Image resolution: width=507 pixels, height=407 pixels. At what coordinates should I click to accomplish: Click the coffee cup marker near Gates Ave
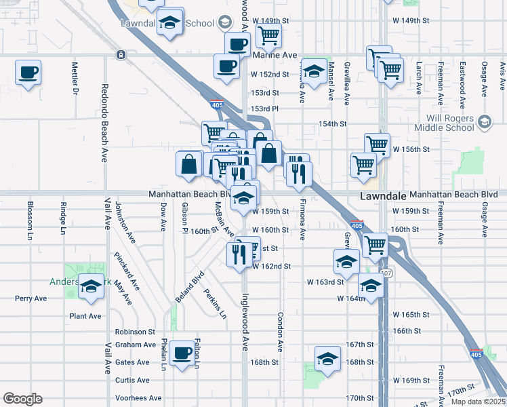(x=181, y=353)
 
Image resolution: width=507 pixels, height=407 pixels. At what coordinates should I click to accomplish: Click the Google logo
(x=22, y=399)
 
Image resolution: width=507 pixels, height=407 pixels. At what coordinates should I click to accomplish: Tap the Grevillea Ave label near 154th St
(x=346, y=83)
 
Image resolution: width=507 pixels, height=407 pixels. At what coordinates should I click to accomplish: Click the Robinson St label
(x=135, y=332)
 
